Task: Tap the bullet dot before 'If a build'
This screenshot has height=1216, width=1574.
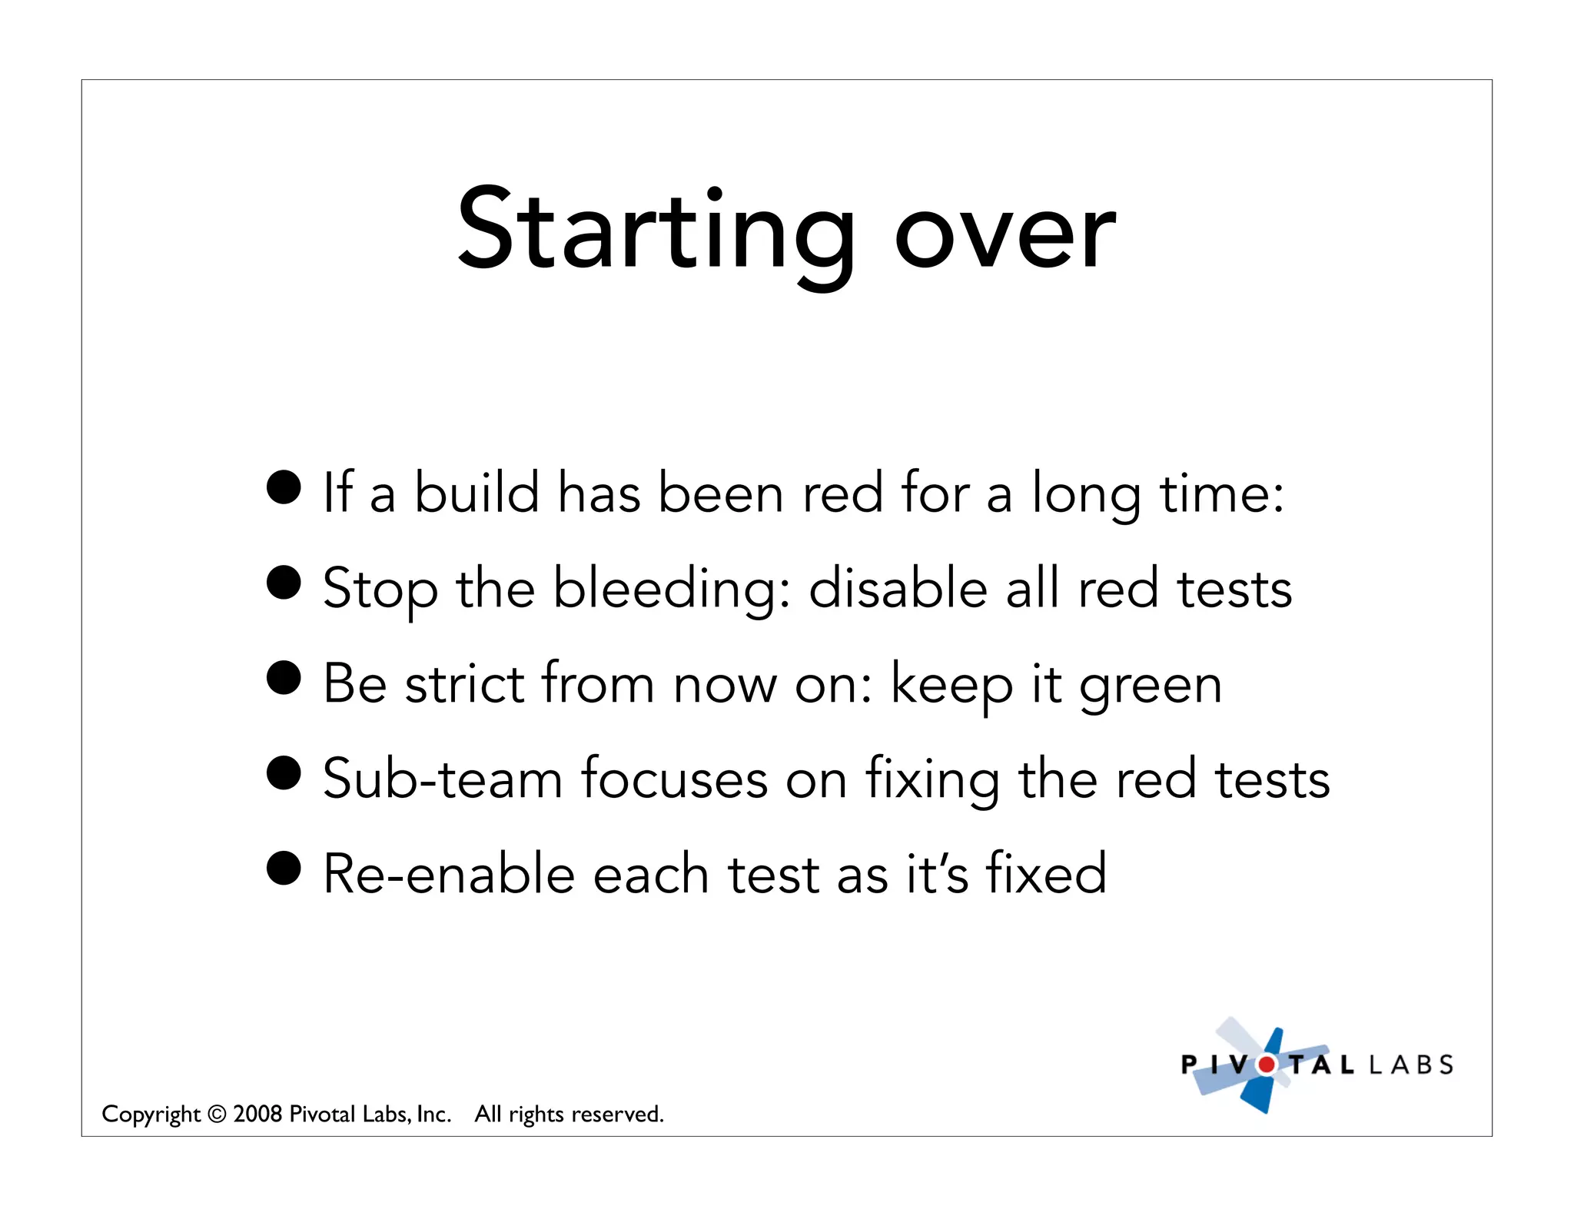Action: click(284, 487)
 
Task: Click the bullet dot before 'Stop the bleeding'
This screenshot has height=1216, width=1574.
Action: click(284, 582)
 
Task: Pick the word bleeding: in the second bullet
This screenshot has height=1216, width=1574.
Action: click(671, 590)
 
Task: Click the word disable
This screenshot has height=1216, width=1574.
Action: click(898, 588)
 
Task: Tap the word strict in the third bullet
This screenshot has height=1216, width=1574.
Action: click(464, 683)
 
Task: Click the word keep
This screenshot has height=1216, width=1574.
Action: click(951, 685)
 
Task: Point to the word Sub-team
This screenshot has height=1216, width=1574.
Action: click(443, 779)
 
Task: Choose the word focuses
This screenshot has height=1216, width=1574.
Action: click(674, 779)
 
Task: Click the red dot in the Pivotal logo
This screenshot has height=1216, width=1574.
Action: click(1266, 1065)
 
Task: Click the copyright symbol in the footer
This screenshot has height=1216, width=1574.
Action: click(218, 1114)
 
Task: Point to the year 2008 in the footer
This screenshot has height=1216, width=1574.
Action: click(257, 1114)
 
